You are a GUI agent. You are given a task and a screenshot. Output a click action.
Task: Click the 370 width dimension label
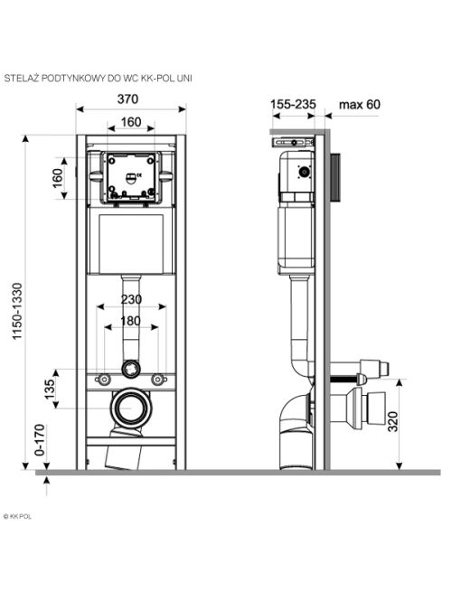[127, 99]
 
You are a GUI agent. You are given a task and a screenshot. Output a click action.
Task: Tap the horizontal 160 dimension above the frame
[131, 122]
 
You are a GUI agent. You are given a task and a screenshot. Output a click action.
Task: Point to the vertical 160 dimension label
[57, 178]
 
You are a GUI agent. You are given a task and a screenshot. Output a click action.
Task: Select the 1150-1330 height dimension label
[17, 311]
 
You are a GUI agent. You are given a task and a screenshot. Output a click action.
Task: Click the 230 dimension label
[131, 299]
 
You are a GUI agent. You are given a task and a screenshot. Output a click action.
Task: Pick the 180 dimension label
[130, 321]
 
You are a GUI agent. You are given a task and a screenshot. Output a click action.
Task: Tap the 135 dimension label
[50, 390]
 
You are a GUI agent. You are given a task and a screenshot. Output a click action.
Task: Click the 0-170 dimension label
[40, 440]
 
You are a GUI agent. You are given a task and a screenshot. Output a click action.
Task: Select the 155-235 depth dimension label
[293, 104]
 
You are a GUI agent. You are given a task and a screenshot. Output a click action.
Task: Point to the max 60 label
[360, 104]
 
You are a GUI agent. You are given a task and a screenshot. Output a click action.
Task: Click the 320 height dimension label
[393, 422]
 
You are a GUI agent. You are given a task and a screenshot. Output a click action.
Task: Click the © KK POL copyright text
[17, 516]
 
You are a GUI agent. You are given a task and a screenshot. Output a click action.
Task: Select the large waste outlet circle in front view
[131, 408]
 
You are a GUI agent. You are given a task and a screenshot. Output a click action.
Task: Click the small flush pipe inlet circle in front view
[131, 370]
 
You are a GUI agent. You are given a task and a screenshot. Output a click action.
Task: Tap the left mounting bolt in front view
[103, 379]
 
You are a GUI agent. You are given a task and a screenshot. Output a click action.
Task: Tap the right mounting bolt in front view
[159, 379]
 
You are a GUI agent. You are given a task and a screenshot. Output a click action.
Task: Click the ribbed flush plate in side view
[335, 177]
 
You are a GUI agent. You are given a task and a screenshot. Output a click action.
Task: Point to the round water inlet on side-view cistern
[304, 172]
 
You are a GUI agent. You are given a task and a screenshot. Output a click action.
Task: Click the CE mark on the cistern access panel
[139, 174]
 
